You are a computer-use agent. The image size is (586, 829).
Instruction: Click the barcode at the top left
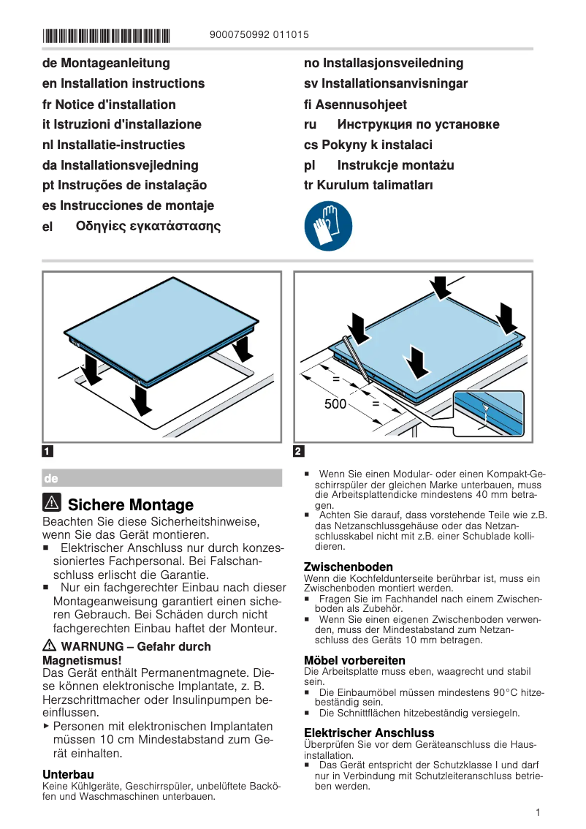coord(106,34)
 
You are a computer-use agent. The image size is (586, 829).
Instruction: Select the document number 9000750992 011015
coord(259,34)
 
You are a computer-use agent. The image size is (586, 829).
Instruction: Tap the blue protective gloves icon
coord(328,227)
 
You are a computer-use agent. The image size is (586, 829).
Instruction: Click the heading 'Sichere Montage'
coord(130,505)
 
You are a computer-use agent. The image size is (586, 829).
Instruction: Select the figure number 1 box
coord(47,451)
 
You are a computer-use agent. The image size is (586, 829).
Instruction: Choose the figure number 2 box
coord(298,451)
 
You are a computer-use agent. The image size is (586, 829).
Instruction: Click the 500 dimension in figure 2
coord(335,404)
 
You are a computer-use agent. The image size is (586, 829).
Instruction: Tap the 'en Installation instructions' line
coord(123,83)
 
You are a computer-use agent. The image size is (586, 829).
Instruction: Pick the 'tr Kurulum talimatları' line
coord(368,185)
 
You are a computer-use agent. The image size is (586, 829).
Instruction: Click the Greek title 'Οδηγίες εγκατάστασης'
coord(148,226)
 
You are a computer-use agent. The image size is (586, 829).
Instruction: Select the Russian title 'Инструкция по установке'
coord(418,124)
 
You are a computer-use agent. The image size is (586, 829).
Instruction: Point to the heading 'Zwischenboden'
coord(348,567)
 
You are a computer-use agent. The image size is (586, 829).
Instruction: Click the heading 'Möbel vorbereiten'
coord(354,660)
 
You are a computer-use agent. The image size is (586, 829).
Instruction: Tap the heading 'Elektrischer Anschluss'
coord(369,733)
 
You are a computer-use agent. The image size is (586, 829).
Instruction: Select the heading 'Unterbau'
coord(68,773)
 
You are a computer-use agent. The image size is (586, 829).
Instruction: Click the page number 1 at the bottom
coord(537,812)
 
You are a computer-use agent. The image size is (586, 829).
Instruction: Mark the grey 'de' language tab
coord(161,478)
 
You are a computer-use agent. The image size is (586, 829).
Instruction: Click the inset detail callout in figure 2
coord(489,414)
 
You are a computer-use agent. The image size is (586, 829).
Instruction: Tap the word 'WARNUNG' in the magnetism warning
coord(94,646)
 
